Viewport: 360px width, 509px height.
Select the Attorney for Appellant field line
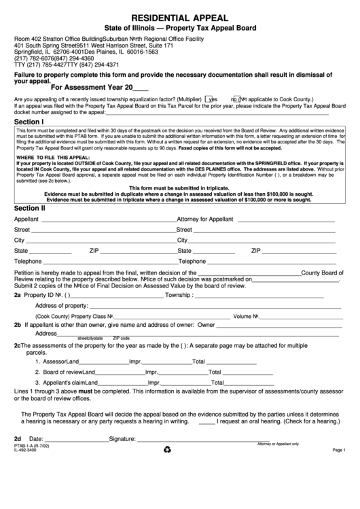click(x=286, y=221)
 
